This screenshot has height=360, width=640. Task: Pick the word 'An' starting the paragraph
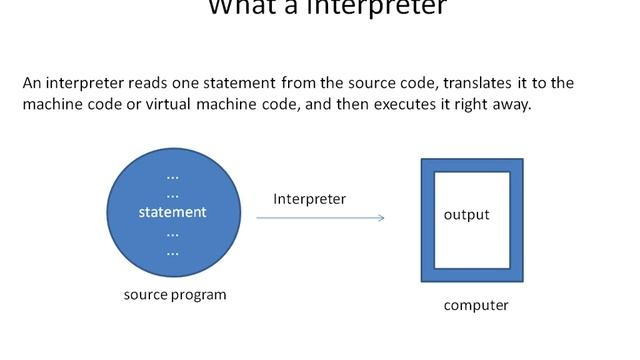[32, 83]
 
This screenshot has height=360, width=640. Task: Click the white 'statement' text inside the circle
[172, 212]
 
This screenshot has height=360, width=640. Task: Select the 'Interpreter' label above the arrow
[310, 199]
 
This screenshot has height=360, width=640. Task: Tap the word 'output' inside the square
[467, 215]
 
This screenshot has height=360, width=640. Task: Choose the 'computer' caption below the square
[476, 305]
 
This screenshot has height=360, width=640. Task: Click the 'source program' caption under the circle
[175, 295]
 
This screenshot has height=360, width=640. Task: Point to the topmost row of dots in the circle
[172, 176]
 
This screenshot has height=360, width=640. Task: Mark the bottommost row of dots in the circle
[172, 250]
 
